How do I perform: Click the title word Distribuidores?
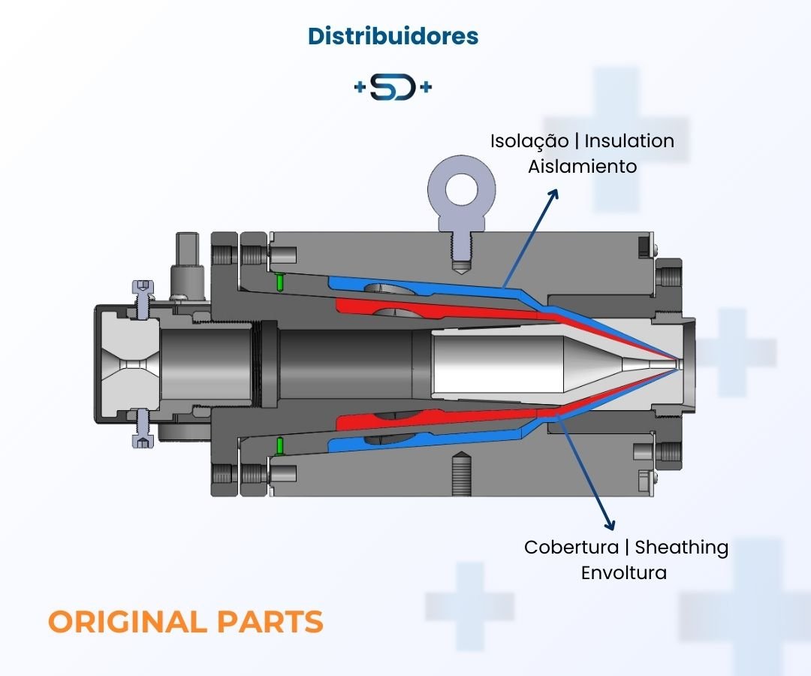click(393, 35)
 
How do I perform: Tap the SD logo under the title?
click(393, 88)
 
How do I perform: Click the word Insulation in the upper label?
click(629, 140)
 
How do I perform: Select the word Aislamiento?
click(582, 166)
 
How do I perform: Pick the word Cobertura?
click(571, 547)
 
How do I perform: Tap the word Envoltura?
click(623, 572)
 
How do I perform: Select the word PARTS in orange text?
click(270, 622)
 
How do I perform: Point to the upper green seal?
click(279, 282)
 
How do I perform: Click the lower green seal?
click(279, 445)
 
